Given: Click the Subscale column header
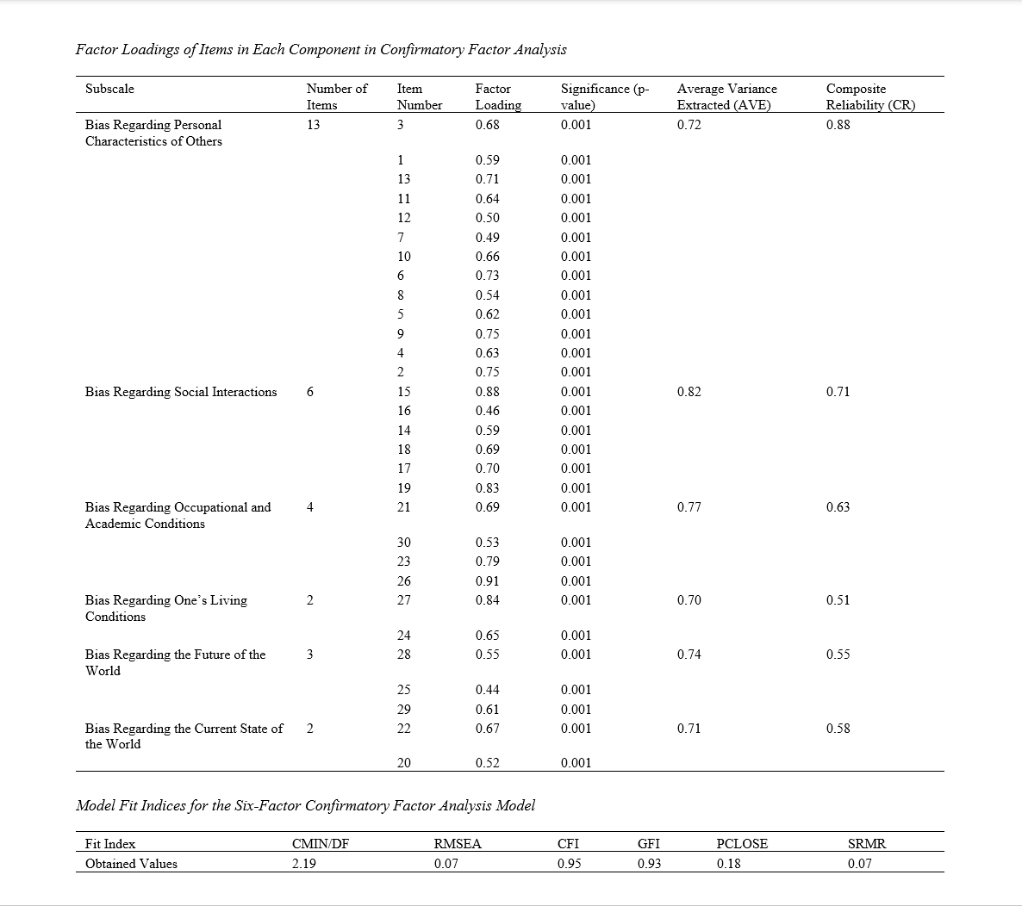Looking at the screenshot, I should (x=109, y=89).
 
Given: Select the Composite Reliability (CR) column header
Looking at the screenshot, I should (x=870, y=96).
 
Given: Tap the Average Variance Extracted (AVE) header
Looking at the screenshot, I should (x=726, y=96).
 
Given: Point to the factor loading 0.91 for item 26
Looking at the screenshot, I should (x=487, y=581).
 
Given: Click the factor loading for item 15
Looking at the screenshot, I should (x=487, y=392).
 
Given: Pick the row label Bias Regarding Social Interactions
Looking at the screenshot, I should (x=181, y=392).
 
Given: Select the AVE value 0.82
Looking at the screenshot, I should (x=689, y=392).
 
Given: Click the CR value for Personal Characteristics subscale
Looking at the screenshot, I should (x=838, y=125).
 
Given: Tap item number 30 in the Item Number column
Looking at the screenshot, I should (x=403, y=543).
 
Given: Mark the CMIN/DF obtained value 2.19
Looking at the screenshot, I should (x=303, y=864).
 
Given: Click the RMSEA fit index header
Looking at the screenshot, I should (x=458, y=844).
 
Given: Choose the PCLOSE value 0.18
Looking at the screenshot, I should (x=728, y=864).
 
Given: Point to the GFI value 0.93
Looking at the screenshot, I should (x=649, y=864).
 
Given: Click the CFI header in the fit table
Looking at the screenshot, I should (x=568, y=844).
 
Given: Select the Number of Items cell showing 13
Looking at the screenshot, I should (x=313, y=125).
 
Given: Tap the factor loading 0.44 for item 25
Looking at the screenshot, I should (x=487, y=690).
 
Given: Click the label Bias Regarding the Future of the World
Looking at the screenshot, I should (x=175, y=662).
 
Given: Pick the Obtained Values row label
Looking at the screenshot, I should (x=131, y=864).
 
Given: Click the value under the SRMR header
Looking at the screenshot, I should (x=859, y=864).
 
